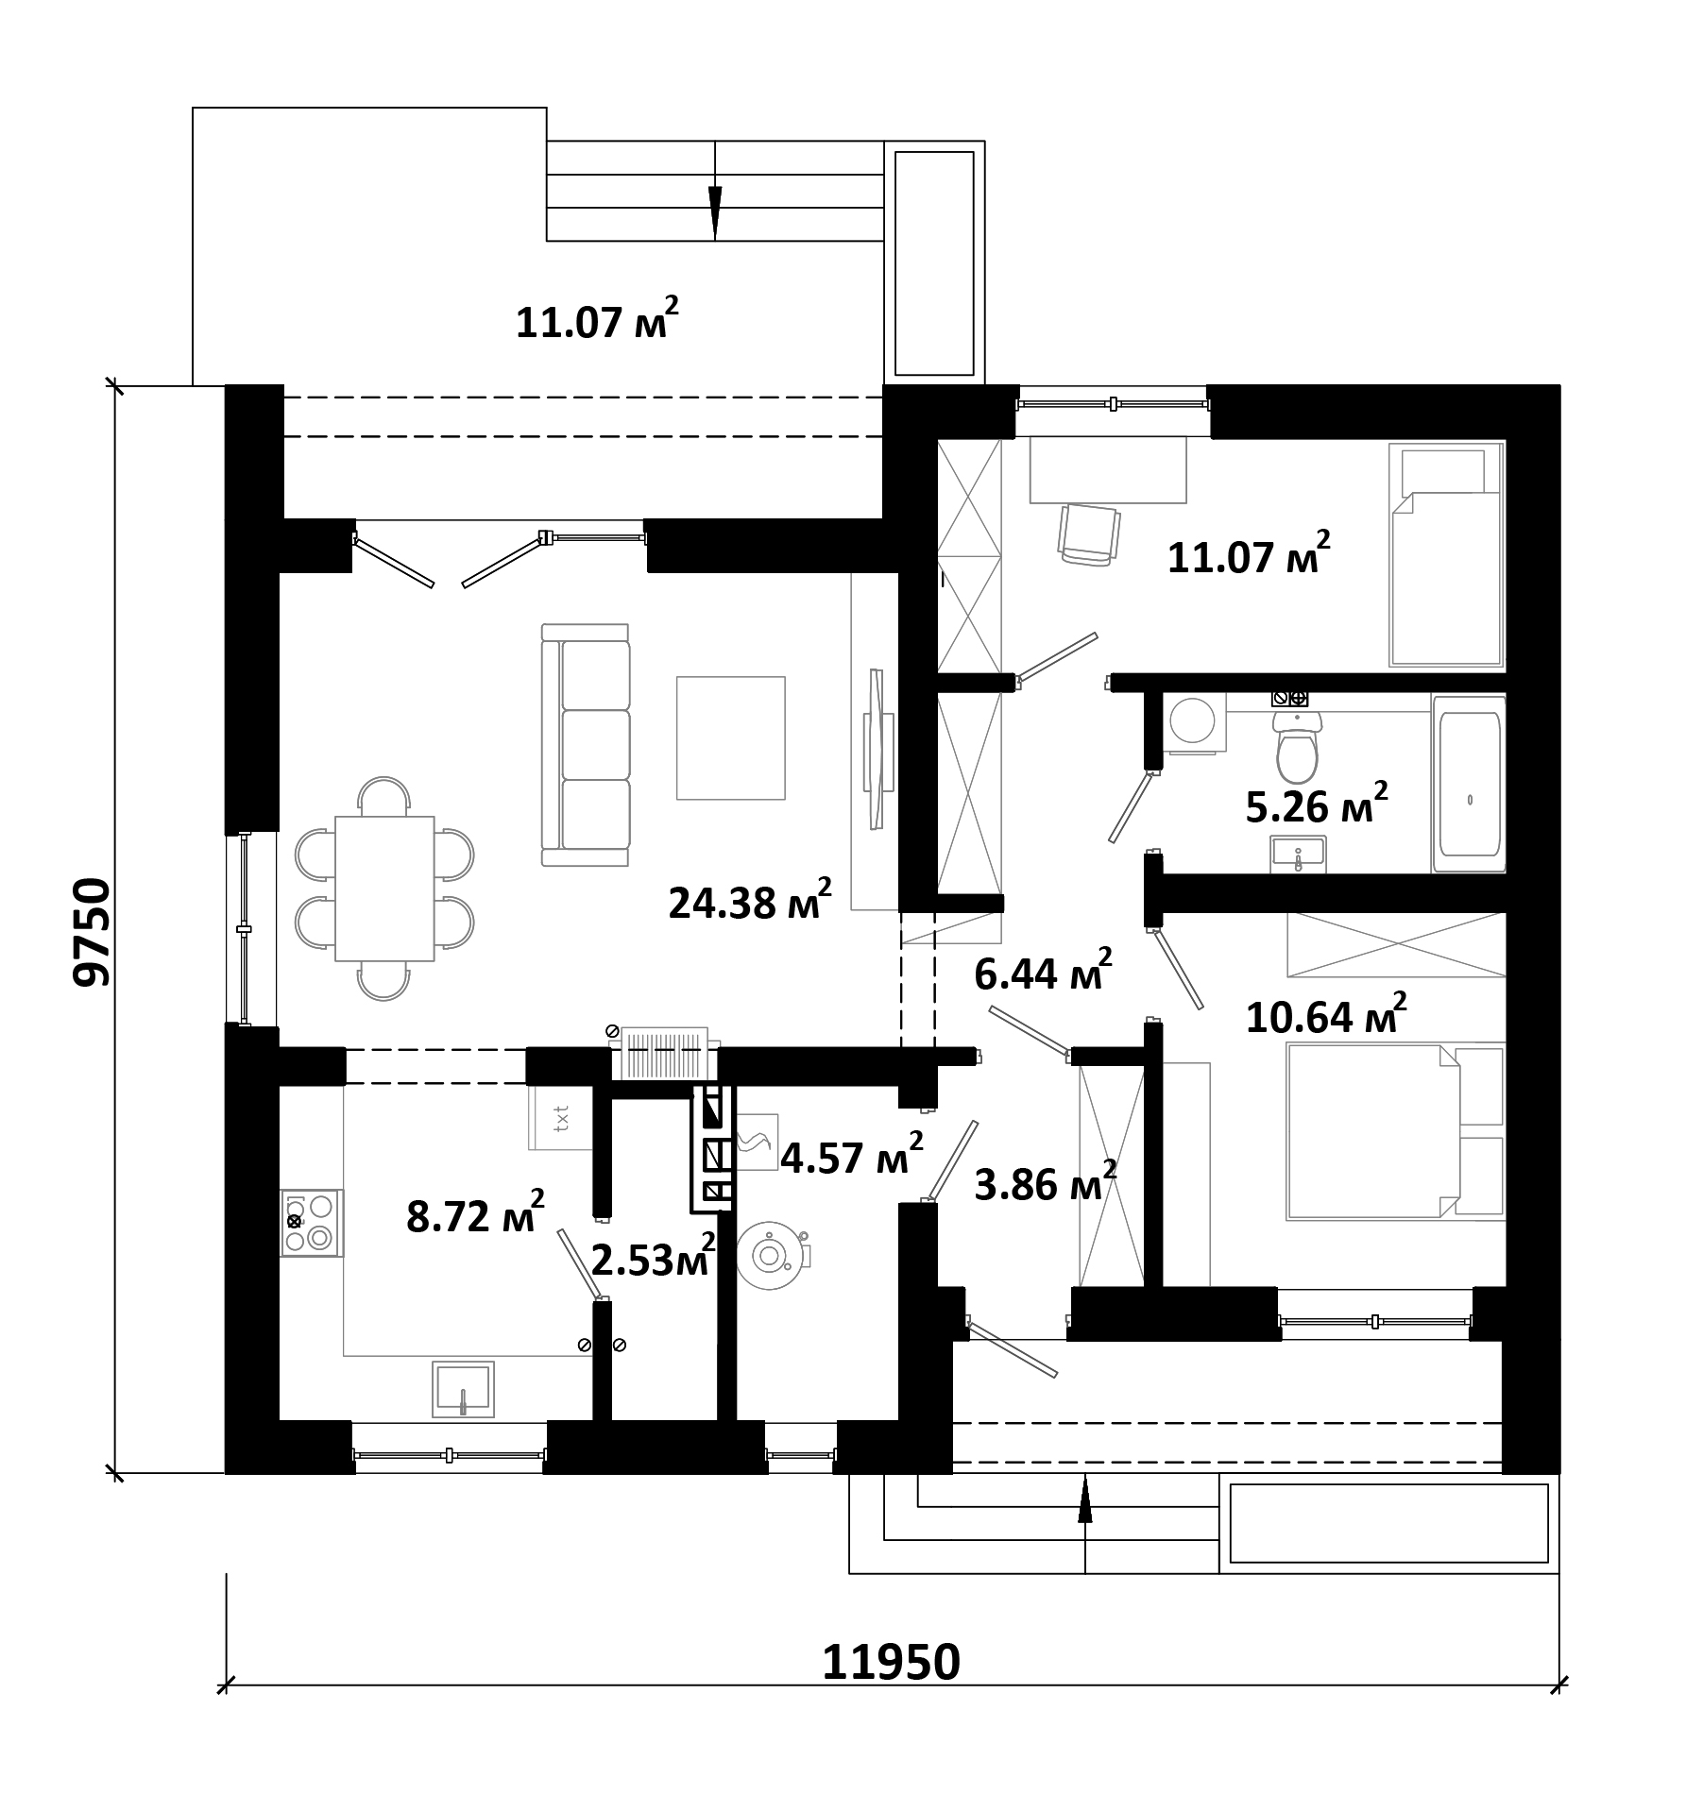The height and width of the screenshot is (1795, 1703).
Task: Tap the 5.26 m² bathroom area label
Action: (1317, 804)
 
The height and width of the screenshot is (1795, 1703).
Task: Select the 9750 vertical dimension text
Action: (92, 932)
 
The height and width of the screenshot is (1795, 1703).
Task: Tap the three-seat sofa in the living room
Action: (586, 744)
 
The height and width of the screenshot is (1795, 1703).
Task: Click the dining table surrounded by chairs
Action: (384, 888)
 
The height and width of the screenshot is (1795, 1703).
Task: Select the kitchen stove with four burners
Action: (312, 1223)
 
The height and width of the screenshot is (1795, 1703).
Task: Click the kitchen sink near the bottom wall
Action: (463, 1389)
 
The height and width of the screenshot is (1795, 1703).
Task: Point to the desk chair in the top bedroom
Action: (1090, 534)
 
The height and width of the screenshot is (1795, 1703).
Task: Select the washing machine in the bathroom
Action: (1195, 723)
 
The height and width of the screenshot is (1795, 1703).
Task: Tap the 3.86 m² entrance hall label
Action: (1046, 1184)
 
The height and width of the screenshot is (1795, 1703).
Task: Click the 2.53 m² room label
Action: (653, 1259)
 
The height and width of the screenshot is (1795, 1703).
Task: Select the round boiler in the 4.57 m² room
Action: (771, 1256)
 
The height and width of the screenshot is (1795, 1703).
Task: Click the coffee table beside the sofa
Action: (731, 737)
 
